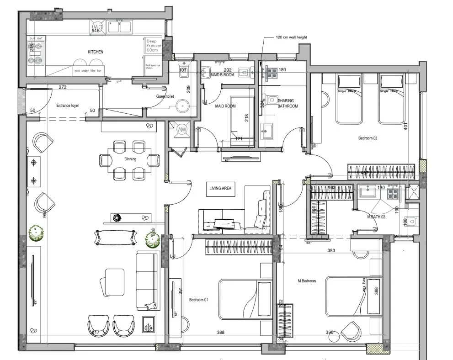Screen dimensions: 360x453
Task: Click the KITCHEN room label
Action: [95, 52]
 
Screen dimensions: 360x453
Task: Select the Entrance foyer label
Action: [67, 106]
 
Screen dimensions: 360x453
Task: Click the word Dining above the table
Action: [130, 159]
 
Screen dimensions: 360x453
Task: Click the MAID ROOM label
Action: [225, 106]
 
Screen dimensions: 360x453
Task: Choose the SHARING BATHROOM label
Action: [288, 103]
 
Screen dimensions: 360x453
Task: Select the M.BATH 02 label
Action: [376, 217]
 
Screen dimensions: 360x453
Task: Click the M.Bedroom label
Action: [306, 281]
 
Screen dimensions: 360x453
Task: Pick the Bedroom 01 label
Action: [198, 300]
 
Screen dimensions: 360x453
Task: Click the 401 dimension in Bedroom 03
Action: [405, 126]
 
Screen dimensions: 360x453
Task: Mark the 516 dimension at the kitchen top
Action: [96, 30]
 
